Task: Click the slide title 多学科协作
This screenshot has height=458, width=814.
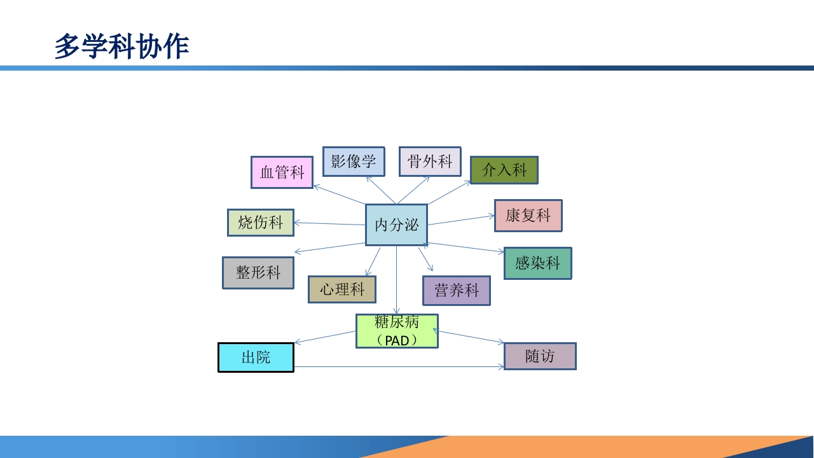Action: pos(121,47)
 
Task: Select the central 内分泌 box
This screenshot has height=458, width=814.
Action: pos(396,225)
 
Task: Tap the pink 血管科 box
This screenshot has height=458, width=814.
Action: pos(282,172)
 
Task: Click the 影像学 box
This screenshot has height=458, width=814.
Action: pos(354,162)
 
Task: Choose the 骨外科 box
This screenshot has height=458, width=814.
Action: pos(430,162)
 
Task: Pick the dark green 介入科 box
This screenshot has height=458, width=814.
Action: pos(504,170)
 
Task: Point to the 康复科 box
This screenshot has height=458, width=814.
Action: pos(528,216)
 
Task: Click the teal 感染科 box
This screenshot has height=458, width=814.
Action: pos(537,263)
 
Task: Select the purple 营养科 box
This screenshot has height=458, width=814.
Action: pos(456,291)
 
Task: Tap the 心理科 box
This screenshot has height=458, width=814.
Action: pos(342,289)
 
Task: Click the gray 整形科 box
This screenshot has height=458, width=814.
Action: pos(258,273)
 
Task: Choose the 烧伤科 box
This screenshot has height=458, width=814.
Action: pos(260,223)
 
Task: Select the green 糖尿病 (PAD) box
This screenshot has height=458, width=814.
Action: pos(396,331)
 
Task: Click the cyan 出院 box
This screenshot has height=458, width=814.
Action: pos(256,357)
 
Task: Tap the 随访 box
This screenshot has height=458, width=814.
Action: pos(539,356)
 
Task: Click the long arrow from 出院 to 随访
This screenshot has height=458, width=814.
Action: pos(399,367)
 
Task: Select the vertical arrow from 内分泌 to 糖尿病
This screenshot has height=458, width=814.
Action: pos(396,280)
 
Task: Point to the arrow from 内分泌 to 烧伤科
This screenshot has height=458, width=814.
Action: pos(329,223)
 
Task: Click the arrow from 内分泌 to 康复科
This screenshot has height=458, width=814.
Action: pos(461,220)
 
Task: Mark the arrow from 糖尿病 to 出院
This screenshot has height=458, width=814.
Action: pos(325,337)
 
